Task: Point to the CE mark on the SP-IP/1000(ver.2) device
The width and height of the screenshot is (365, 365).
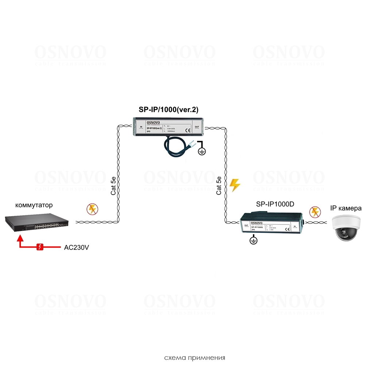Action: click(x=188, y=130)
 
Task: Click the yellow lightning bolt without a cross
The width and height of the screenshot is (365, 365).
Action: click(x=235, y=185)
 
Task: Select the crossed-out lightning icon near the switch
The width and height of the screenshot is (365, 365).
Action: click(x=92, y=209)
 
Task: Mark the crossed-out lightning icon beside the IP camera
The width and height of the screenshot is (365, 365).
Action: click(x=314, y=212)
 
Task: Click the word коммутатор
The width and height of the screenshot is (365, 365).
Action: click(x=34, y=205)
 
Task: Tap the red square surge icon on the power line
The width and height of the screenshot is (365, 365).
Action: click(x=40, y=247)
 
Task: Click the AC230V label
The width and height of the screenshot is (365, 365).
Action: click(x=76, y=247)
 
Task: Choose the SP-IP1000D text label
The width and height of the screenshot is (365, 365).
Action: click(x=275, y=204)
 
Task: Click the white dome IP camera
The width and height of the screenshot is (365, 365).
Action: click(x=346, y=228)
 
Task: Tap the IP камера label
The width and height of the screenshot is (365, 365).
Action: click(x=345, y=208)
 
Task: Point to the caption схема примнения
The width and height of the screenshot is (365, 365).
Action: click(x=195, y=357)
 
